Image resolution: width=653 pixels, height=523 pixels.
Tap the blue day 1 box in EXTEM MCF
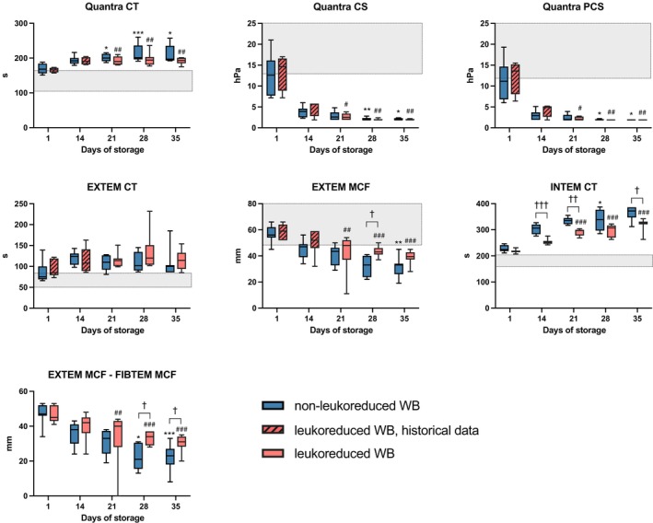click(x=271, y=231)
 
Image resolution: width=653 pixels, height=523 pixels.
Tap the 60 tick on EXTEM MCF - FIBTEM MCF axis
click(x=26, y=391)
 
